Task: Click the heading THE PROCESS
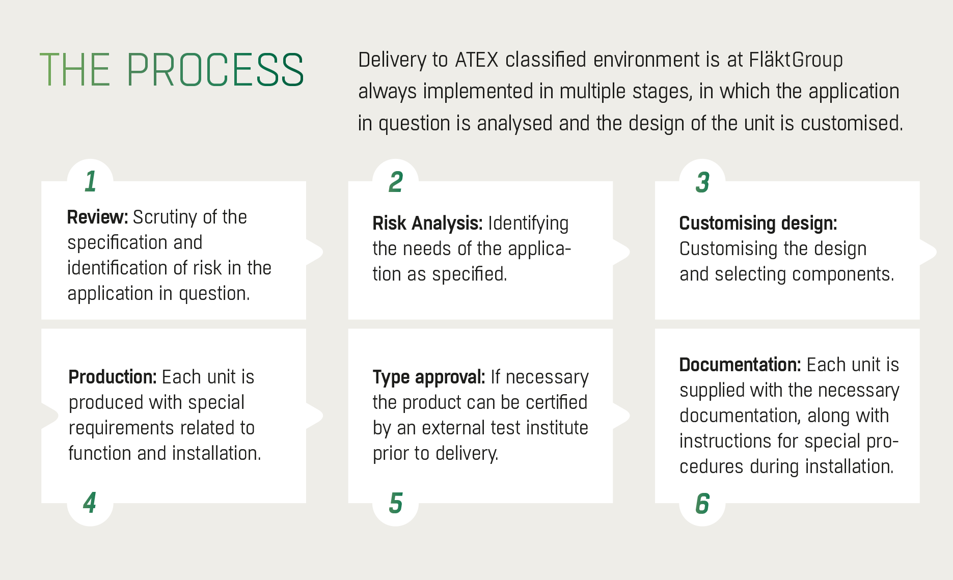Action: (x=172, y=70)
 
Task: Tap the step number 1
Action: (x=91, y=182)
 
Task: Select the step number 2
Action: (x=396, y=182)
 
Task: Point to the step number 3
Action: (x=702, y=182)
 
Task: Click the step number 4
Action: (x=90, y=503)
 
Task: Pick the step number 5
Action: (x=396, y=503)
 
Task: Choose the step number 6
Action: (x=702, y=504)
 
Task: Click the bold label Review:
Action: (x=97, y=217)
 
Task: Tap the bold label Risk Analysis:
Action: (x=427, y=224)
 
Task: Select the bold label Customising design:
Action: (x=758, y=224)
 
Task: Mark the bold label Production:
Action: (x=112, y=377)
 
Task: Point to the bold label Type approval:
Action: (x=428, y=377)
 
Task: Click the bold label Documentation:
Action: (x=740, y=365)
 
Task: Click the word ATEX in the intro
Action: (x=477, y=60)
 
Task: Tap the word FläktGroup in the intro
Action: (x=796, y=61)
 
